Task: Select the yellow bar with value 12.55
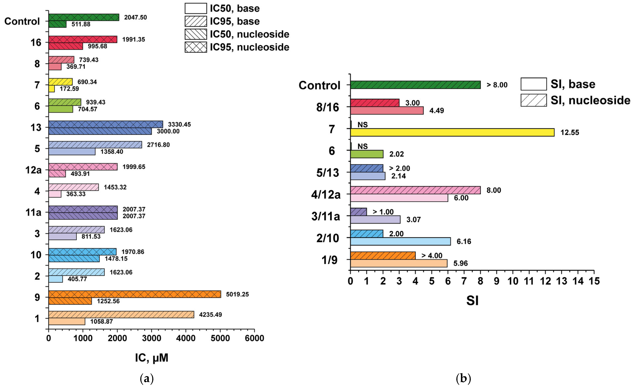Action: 452,132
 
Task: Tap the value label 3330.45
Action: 179,124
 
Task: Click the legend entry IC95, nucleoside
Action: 237,47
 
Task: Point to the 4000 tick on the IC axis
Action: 186,338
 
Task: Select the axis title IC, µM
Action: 152,358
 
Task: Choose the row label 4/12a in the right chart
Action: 326,194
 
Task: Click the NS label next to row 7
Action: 363,125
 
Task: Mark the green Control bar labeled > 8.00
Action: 415,85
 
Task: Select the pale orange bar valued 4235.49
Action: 121,314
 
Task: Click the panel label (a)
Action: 147,378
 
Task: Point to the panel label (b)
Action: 463,378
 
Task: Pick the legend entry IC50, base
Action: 222,8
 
